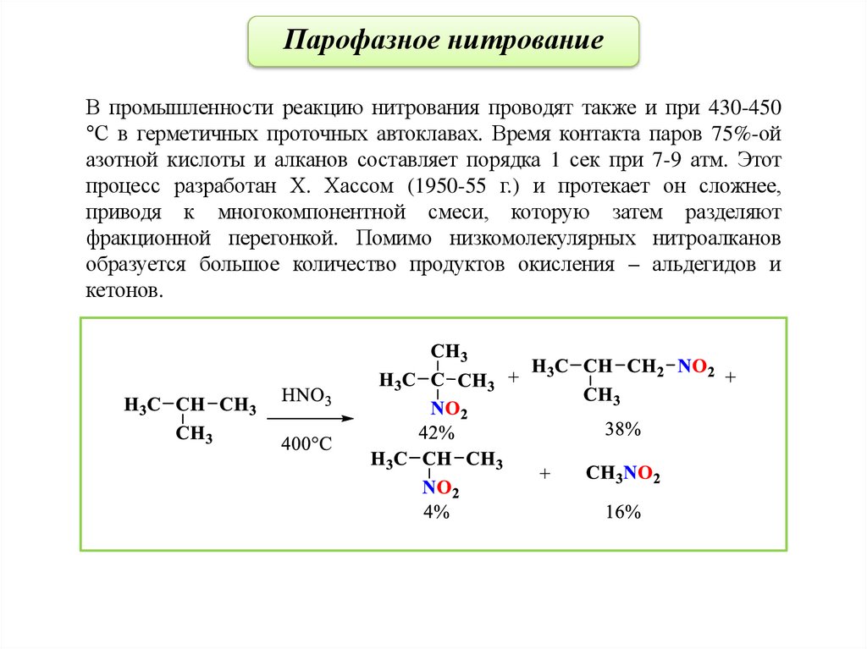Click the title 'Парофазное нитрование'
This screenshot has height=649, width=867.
(x=444, y=41)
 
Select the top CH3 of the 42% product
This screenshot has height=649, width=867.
(x=449, y=352)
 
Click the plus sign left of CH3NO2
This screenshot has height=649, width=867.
(x=544, y=475)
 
